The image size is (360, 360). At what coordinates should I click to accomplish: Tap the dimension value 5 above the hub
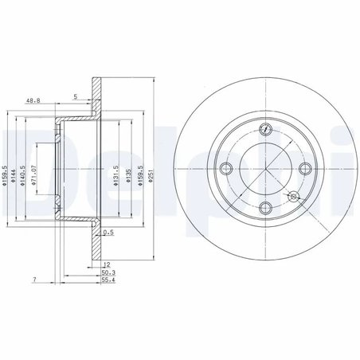click(x=76, y=96)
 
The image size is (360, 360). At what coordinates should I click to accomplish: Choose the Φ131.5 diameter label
click(x=116, y=176)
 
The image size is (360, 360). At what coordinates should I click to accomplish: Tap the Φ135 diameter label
click(x=127, y=177)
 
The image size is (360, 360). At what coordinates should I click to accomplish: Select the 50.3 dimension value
click(x=107, y=272)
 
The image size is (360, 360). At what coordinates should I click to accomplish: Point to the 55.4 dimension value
click(x=107, y=280)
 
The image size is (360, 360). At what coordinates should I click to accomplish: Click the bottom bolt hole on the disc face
click(x=265, y=207)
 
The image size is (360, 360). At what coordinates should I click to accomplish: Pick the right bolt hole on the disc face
click(x=303, y=168)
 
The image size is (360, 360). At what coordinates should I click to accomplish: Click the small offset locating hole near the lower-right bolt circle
click(x=293, y=196)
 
